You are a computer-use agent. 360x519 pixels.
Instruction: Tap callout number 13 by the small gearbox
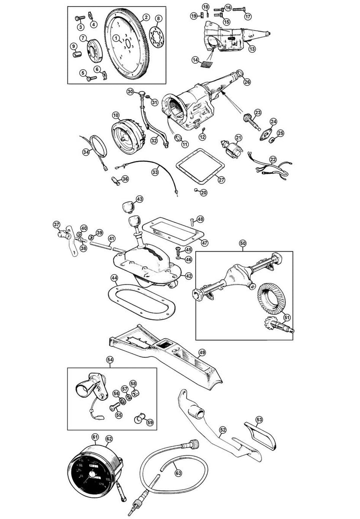click(252, 49)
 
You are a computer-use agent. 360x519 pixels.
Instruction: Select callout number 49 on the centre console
click(201, 352)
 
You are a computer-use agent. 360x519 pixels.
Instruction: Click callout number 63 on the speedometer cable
click(178, 473)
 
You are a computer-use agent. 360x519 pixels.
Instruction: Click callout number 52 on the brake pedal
click(223, 430)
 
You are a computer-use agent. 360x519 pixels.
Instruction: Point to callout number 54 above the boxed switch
click(110, 359)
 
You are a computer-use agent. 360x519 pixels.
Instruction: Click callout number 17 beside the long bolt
click(248, 16)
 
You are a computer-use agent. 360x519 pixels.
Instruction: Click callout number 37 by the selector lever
click(56, 224)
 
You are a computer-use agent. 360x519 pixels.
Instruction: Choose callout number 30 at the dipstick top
click(130, 91)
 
